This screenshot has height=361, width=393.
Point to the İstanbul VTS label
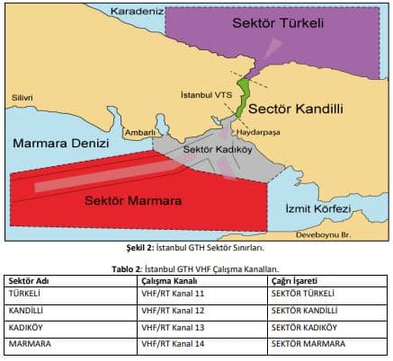click(x=206, y=93)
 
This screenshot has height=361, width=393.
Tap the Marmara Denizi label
click(x=60, y=143)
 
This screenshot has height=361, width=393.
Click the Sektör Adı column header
click(x=31, y=280)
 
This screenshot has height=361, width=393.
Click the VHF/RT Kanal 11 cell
click(x=175, y=293)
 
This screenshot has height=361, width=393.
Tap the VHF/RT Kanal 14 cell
click(x=175, y=342)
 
